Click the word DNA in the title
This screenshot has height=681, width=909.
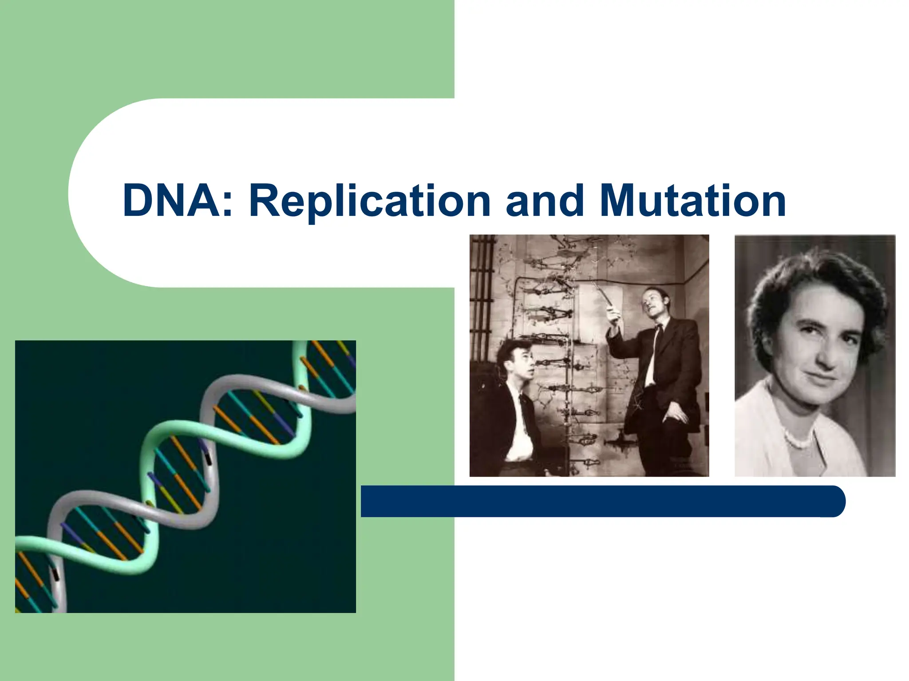pyautogui.click(x=170, y=201)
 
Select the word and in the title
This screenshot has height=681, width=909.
pyautogui.click(x=545, y=201)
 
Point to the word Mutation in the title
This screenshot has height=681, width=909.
pyautogui.click(x=692, y=201)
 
